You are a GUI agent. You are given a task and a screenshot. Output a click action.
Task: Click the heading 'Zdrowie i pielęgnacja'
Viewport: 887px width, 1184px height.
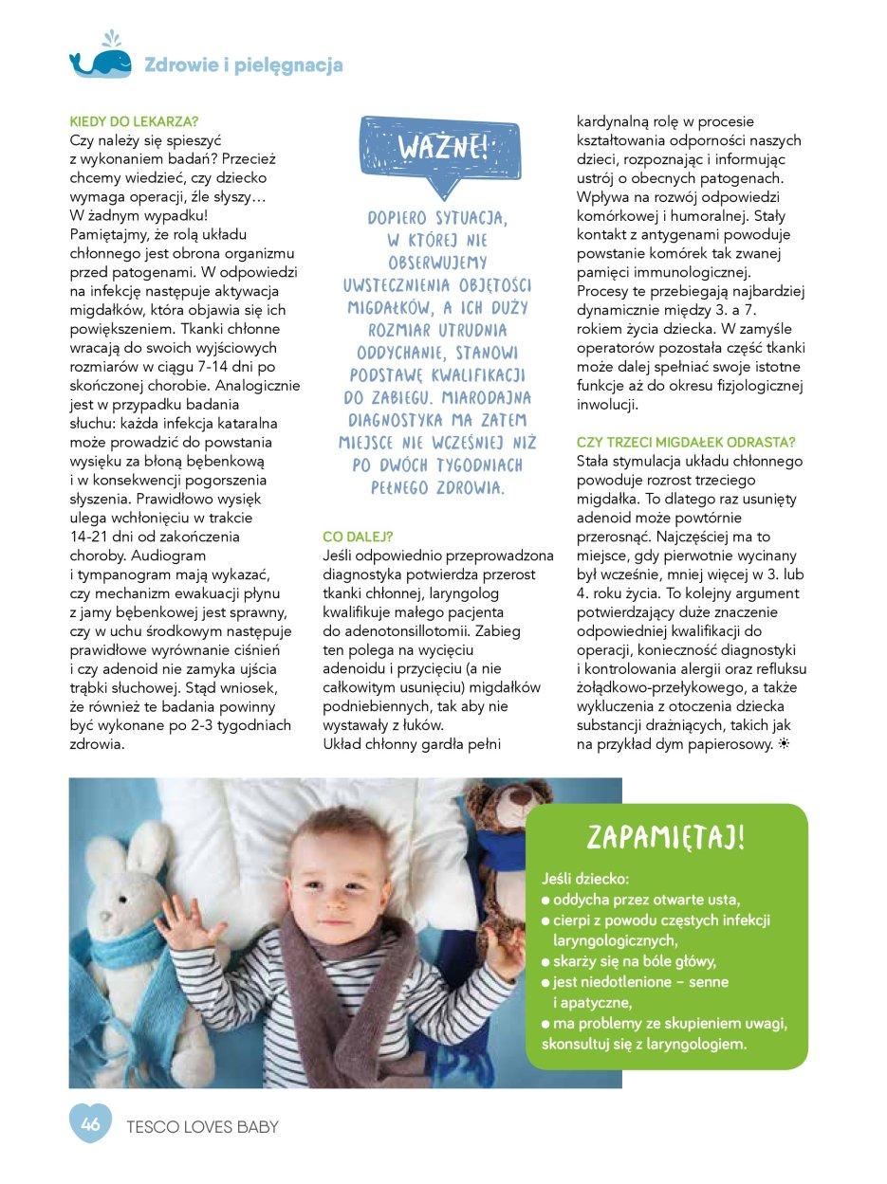(243, 65)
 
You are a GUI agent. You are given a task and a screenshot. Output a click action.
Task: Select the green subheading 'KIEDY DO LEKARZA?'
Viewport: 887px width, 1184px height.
(134, 122)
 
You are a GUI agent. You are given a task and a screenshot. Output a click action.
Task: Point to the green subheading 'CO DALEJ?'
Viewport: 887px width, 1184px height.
(358, 537)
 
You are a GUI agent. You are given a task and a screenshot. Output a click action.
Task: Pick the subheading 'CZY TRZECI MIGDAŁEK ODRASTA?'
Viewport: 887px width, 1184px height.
(686, 443)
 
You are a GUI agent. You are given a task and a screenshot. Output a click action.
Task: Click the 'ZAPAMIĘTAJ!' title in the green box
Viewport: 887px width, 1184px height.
(665, 837)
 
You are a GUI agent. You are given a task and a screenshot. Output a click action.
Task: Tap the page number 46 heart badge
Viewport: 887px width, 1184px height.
(91, 1125)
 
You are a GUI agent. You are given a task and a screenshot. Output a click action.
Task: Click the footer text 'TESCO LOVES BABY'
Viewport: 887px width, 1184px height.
(202, 1127)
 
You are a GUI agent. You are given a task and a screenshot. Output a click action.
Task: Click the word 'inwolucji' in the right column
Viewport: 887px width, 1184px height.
(608, 405)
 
